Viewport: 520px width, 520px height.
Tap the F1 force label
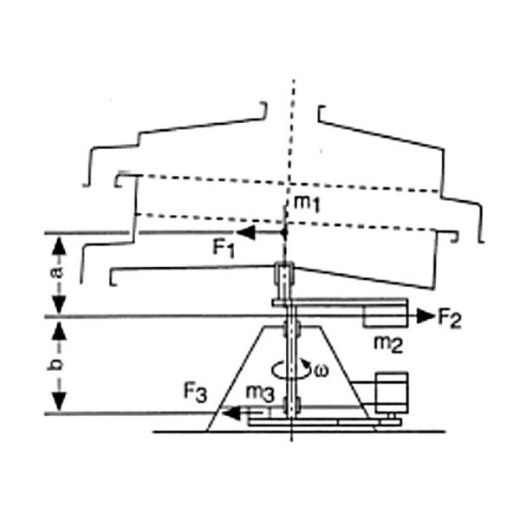coord(224,248)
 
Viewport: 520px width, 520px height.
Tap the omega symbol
coord(322,371)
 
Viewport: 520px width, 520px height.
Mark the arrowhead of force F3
coord(224,413)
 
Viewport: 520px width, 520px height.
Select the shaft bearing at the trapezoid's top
coord(292,330)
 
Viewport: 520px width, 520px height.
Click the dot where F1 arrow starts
coord(285,233)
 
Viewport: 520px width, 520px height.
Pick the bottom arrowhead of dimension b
coord(59,406)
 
